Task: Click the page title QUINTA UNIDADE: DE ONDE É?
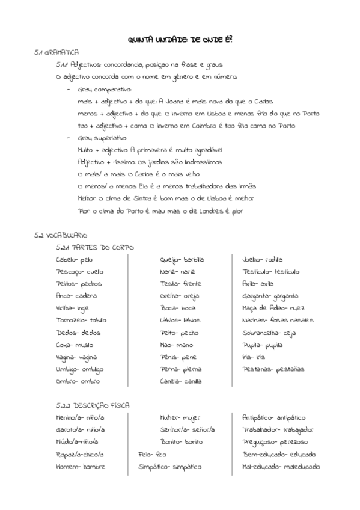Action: tap(180, 39)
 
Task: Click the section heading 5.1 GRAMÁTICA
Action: tap(57, 53)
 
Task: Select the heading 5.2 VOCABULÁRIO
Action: tap(61, 235)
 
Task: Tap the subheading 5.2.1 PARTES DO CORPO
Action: tap(94, 247)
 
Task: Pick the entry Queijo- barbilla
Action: tap(182, 259)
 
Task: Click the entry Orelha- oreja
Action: tap(179, 296)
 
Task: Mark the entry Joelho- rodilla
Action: tap(262, 259)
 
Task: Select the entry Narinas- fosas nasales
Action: tap(278, 320)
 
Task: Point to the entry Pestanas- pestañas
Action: tap(273, 369)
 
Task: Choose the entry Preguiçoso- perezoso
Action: tap(275, 442)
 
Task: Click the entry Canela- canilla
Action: tap(180, 381)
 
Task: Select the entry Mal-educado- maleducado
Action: tap(281, 466)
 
